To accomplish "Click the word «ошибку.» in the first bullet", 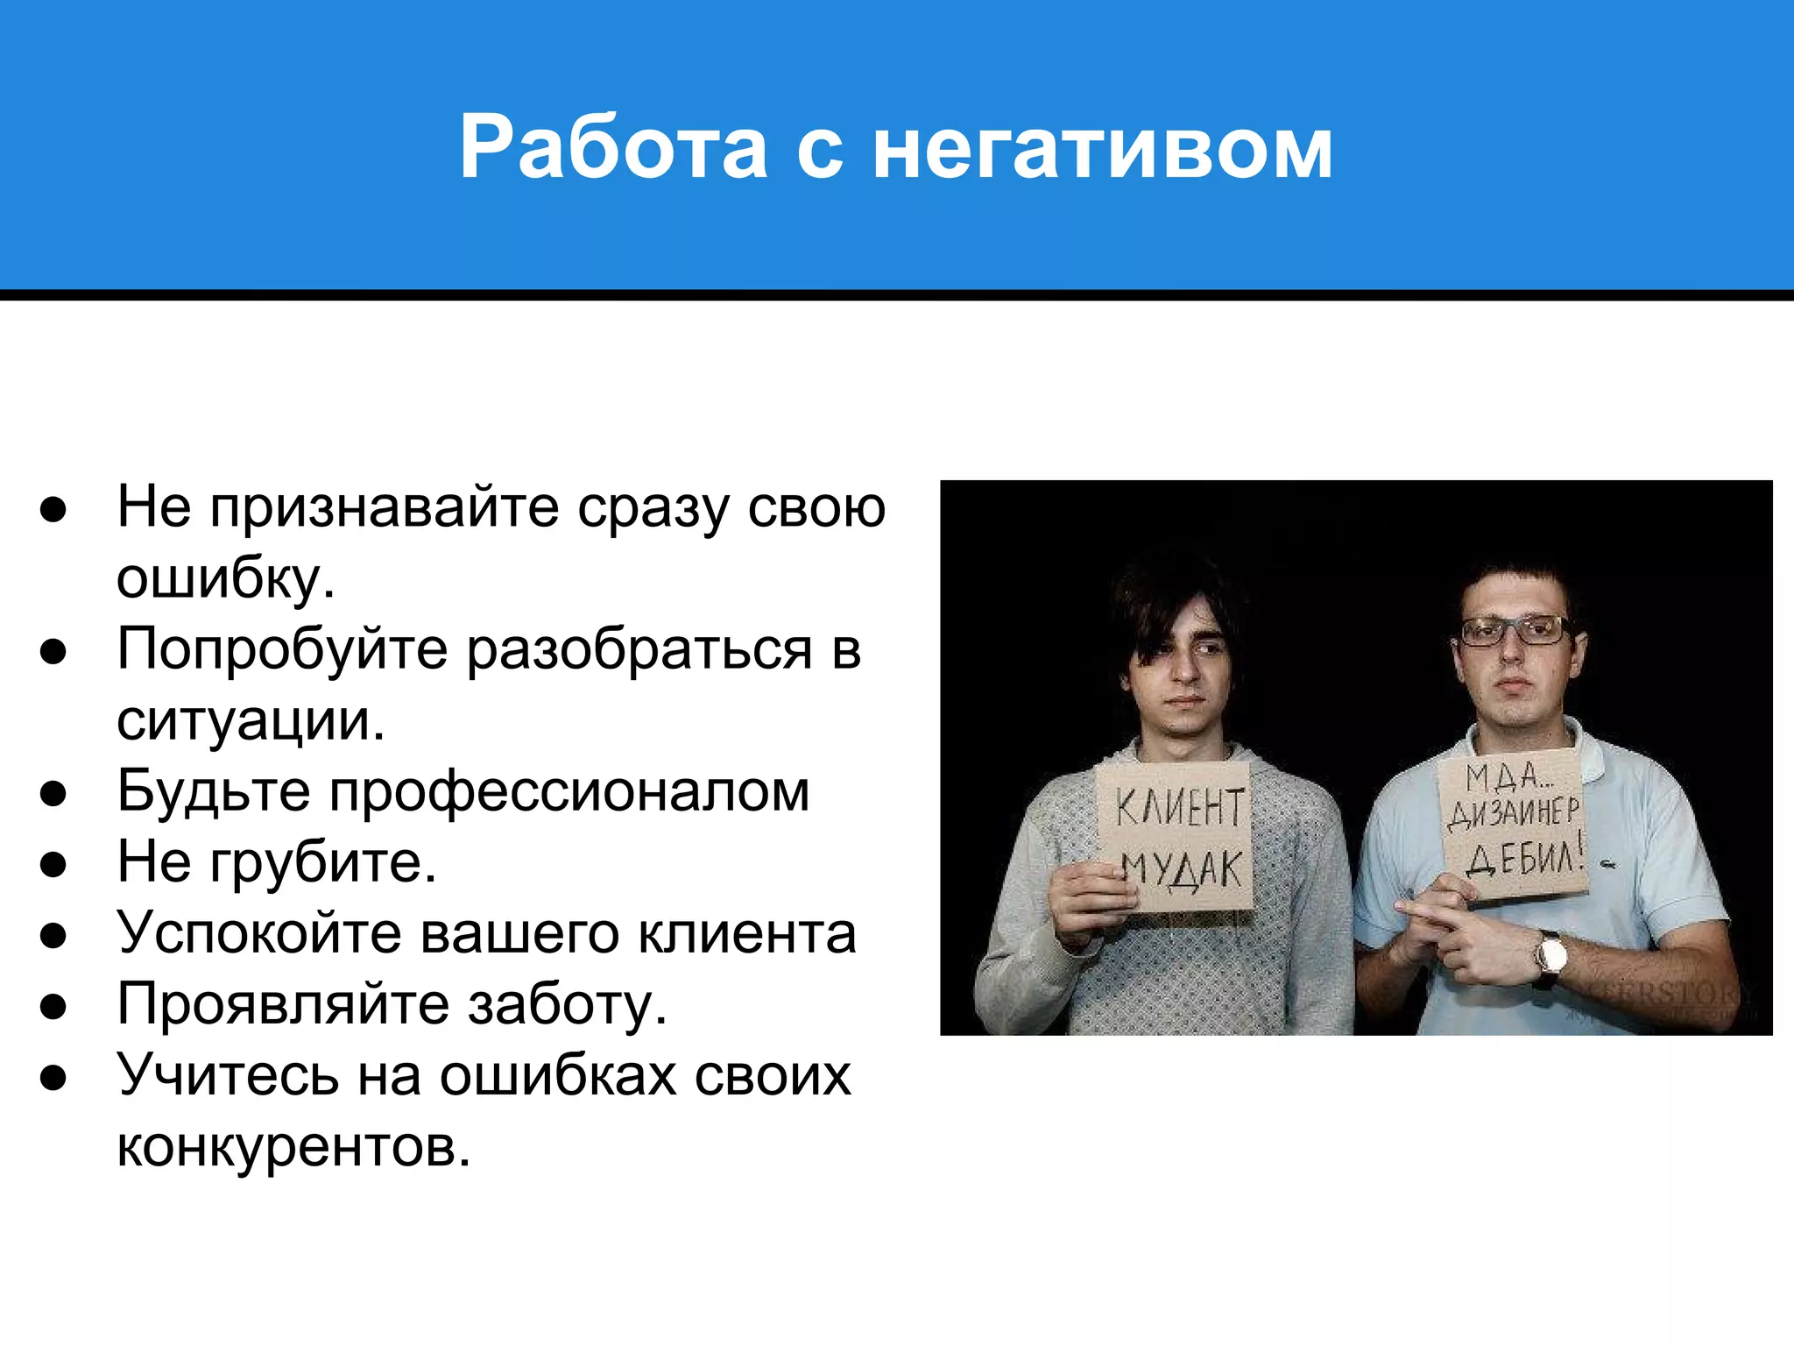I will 226,578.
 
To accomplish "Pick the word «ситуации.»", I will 251,720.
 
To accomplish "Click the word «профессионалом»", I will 569,791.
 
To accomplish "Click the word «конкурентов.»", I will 293,1146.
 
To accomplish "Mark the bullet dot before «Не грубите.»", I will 53,864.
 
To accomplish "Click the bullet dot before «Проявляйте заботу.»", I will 53,1006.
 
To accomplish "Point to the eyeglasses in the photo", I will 1515,629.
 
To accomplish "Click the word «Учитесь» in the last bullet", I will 228,1075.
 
